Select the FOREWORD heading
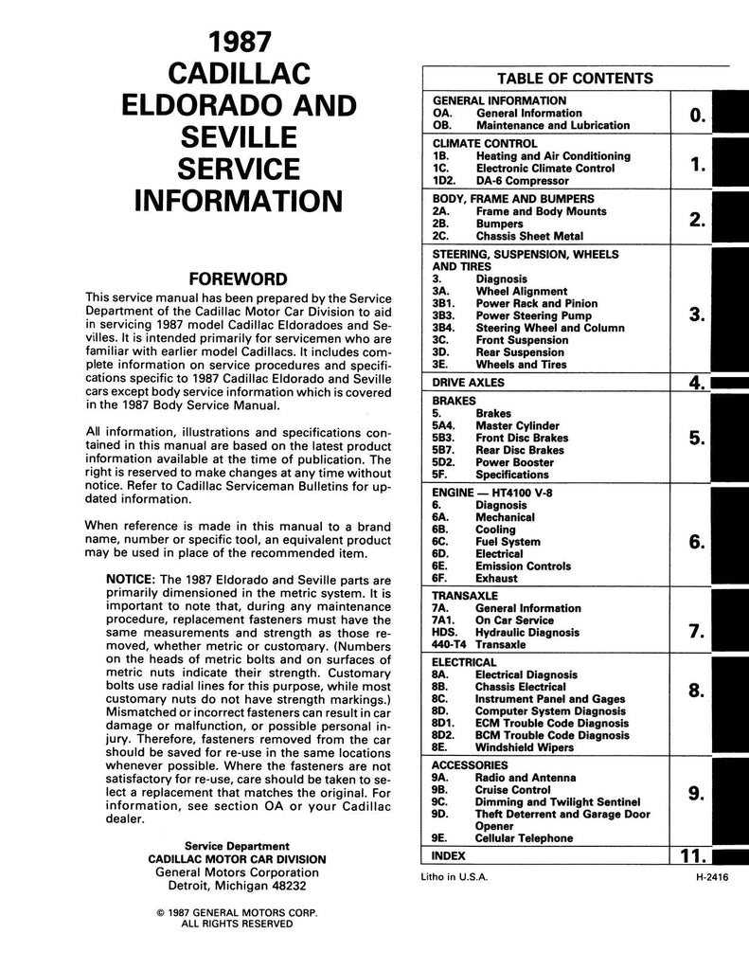point(233,279)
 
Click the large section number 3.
point(697,314)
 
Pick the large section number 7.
point(697,631)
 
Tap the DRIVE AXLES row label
point(468,383)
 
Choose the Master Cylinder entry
point(517,426)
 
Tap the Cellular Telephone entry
point(524,838)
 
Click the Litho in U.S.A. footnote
point(455,877)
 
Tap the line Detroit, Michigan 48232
point(237,887)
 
